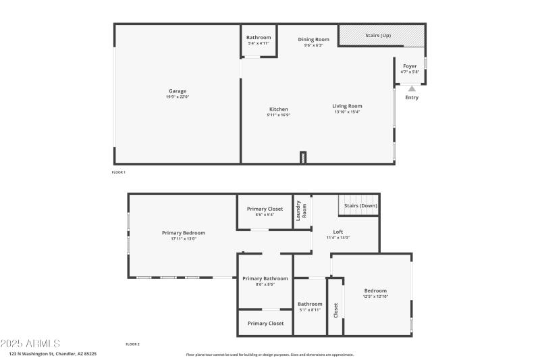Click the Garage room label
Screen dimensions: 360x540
coord(178,91)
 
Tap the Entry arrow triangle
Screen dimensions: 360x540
coord(412,88)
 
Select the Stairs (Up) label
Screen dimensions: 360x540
coord(378,35)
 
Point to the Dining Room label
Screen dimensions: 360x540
coord(313,39)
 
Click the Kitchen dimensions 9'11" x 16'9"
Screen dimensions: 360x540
coord(279,115)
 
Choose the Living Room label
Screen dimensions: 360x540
coord(347,106)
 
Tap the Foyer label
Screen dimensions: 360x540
coord(410,66)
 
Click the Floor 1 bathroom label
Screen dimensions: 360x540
coord(259,37)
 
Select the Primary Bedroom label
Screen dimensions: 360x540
coord(184,233)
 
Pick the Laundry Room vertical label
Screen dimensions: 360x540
coord(301,209)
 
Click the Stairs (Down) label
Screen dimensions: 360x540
coord(360,205)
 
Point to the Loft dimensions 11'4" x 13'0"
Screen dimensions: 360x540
coord(338,238)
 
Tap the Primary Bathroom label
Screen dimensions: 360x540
coord(265,278)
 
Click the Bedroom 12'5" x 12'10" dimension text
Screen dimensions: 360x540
coord(375,297)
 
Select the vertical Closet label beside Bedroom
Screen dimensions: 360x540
coord(335,310)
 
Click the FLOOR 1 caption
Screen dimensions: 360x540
coord(119,172)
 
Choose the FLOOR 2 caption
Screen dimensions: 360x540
coord(132,344)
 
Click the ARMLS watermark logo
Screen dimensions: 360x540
coord(30,344)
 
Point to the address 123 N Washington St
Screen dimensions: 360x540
coord(53,353)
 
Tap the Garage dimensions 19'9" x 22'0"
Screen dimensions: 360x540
coord(178,97)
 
